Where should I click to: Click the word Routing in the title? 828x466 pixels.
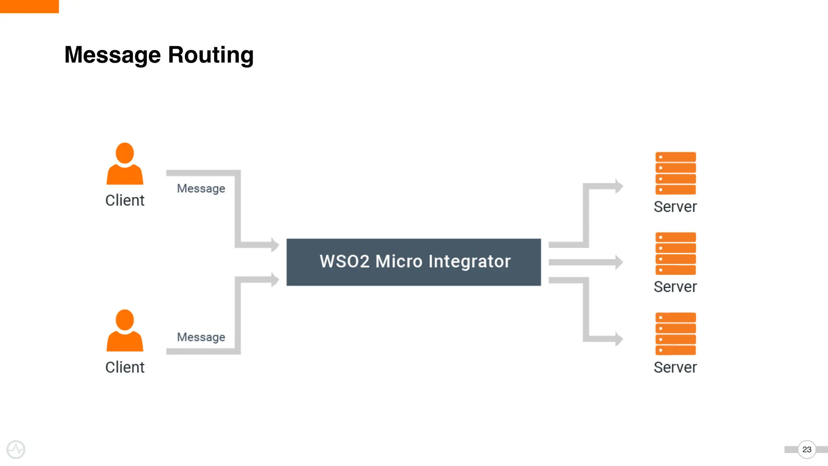pyautogui.click(x=211, y=55)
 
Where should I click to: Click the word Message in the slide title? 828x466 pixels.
pyautogui.click(x=112, y=55)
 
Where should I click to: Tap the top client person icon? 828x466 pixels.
pyautogui.click(x=125, y=164)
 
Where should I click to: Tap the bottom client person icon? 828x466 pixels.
pyautogui.click(x=125, y=331)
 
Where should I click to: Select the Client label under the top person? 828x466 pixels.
pyautogui.click(x=125, y=201)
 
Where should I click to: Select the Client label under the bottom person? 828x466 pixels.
pyautogui.click(x=125, y=368)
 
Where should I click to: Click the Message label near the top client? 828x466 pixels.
pyautogui.click(x=201, y=189)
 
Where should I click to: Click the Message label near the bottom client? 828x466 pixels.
pyautogui.click(x=201, y=337)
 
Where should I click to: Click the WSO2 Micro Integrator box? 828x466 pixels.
pyautogui.click(x=413, y=262)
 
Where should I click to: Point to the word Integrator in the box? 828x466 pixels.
pyautogui.click(x=469, y=261)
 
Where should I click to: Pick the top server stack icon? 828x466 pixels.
pyautogui.click(x=675, y=173)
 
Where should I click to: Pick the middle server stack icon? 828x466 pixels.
pyautogui.click(x=675, y=254)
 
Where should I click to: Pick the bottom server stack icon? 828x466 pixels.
pyautogui.click(x=675, y=334)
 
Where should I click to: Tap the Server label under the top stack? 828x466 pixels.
pyautogui.click(x=675, y=207)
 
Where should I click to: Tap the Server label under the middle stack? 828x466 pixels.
pyautogui.click(x=675, y=287)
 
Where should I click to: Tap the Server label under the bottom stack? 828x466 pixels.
pyautogui.click(x=675, y=367)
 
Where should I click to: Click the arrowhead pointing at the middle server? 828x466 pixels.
pyautogui.click(x=619, y=262)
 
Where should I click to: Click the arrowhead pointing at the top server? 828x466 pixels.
pyautogui.click(x=619, y=186)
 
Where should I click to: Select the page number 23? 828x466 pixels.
pyautogui.click(x=807, y=449)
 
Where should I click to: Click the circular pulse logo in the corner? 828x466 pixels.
pyautogui.click(x=16, y=449)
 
